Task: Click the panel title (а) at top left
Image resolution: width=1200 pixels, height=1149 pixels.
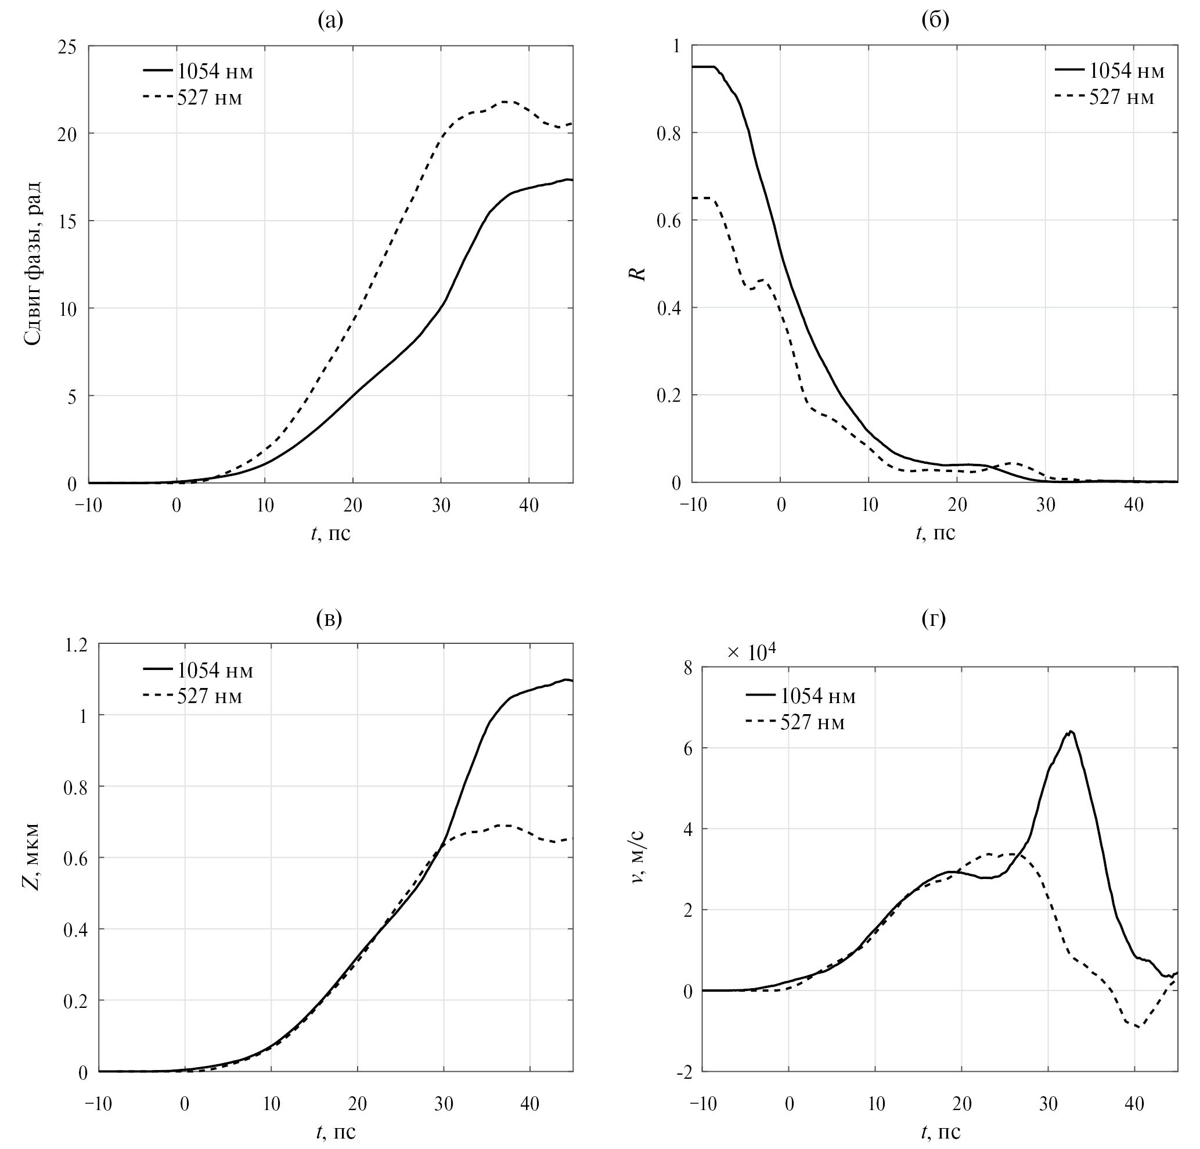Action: click(330, 21)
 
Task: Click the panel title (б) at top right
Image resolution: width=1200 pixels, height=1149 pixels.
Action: click(935, 21)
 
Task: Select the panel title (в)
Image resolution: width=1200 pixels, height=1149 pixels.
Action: click(329, 619)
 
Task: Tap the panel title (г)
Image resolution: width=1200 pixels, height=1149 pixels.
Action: click(934, 619)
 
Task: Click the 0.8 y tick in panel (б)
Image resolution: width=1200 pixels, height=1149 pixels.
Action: click(669, 134)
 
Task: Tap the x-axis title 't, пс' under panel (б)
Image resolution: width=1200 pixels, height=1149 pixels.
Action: click(935, 533)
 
